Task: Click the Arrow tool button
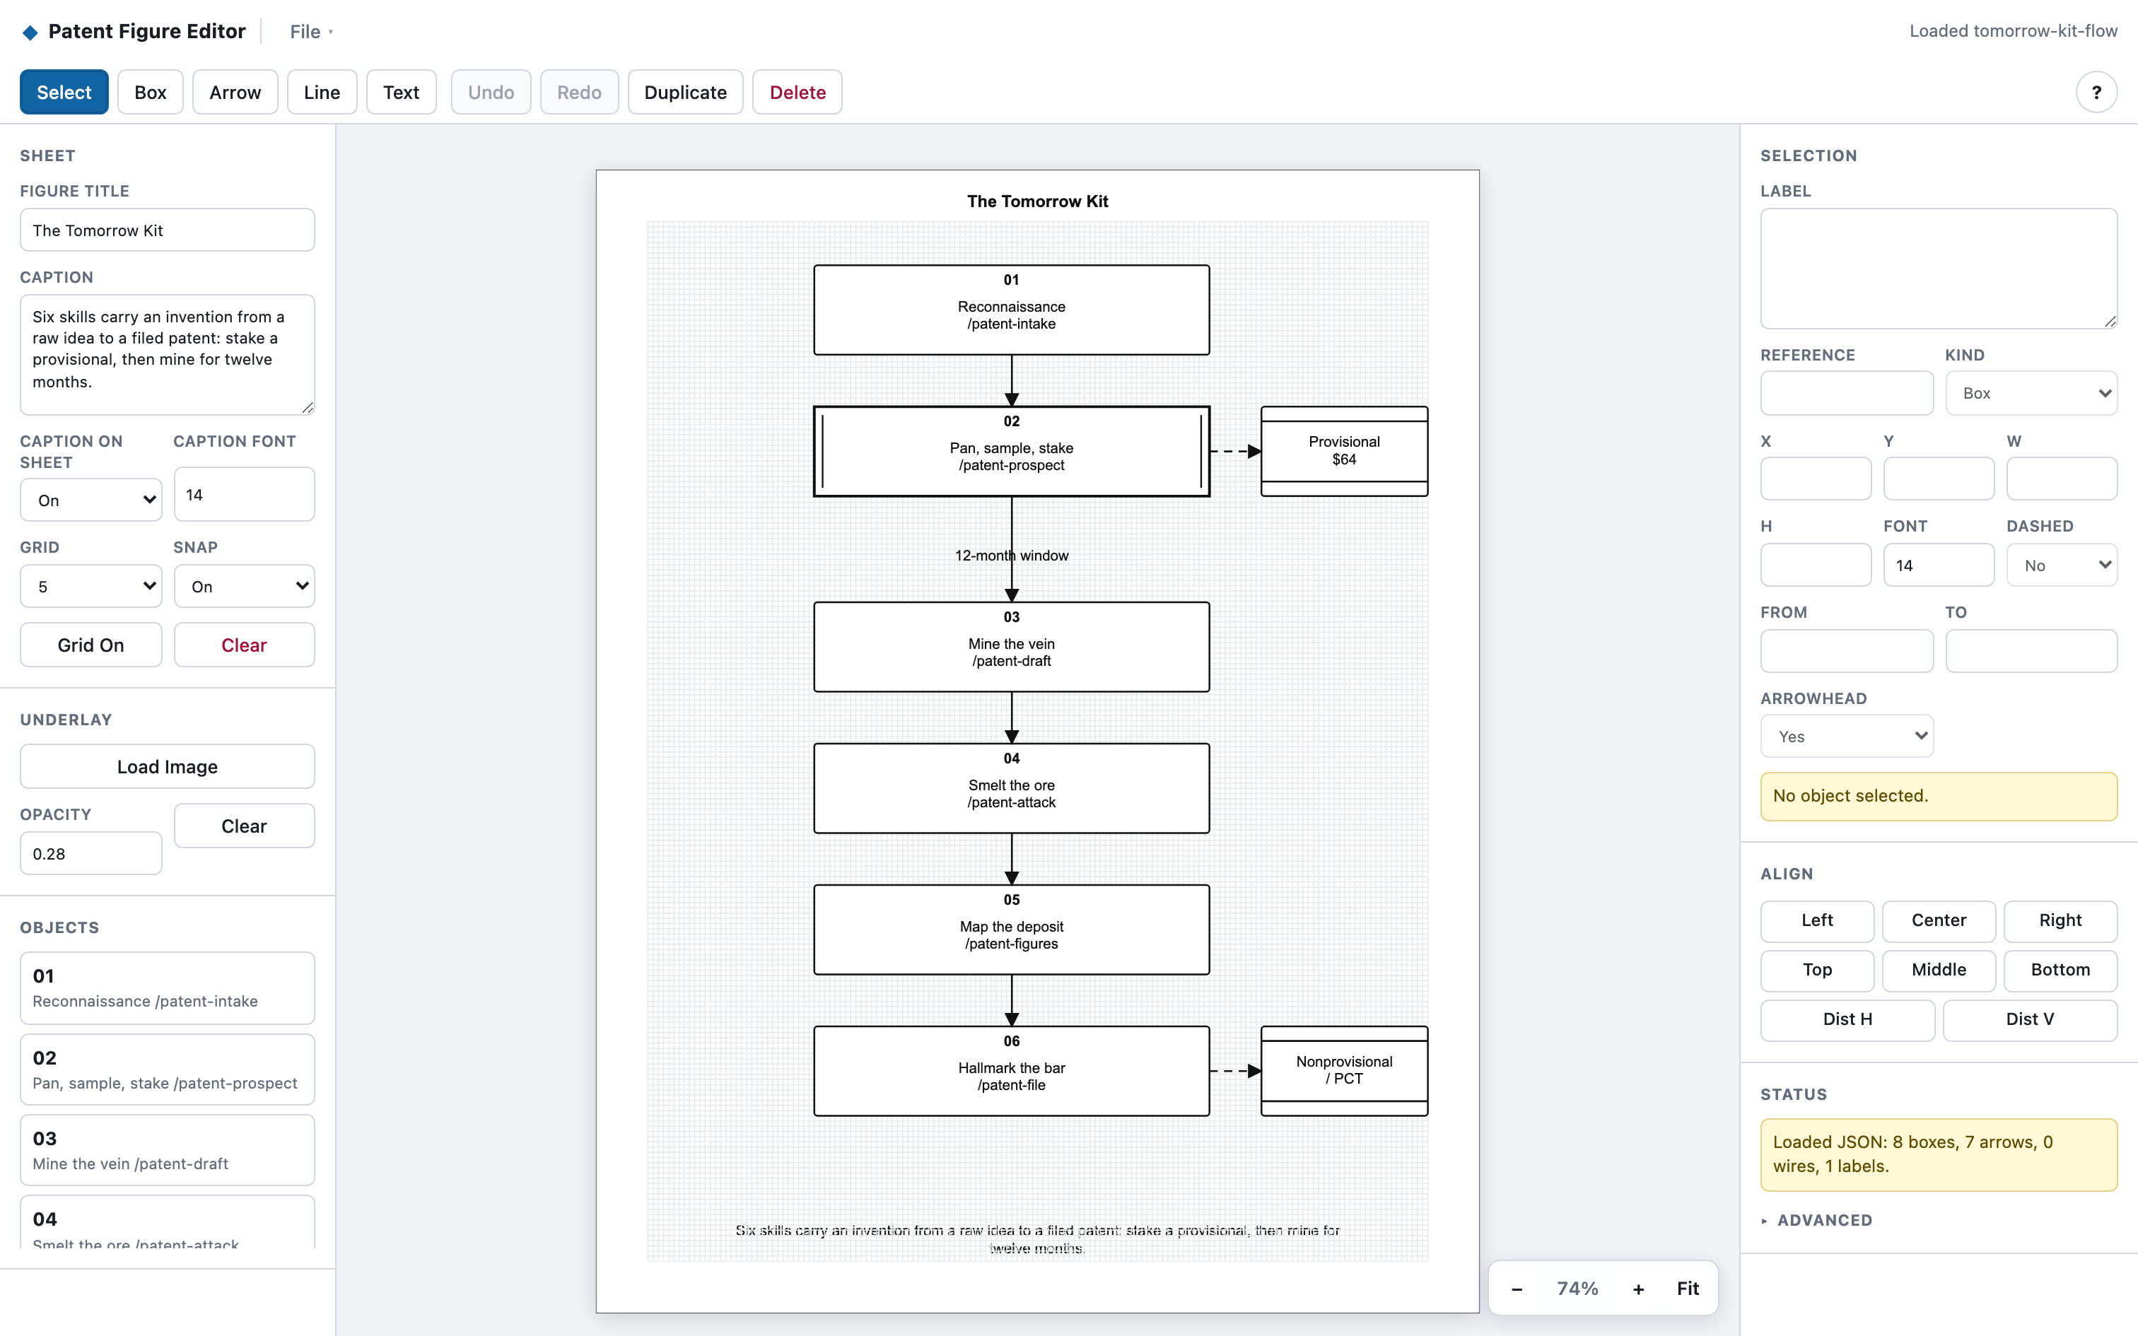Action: point(235,92)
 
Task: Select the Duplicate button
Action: point(686,92)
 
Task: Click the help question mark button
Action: point(2096,92)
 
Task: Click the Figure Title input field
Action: point(167,230)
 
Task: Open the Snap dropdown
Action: point(244,586)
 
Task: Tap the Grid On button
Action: point(91,645)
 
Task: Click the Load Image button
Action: point(167,766)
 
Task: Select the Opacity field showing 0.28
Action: point(91,854)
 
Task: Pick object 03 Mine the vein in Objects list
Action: point(167,1149)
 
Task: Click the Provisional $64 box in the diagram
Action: point(1344,451)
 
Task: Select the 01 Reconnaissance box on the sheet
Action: point(1012,310)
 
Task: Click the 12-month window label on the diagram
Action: point(1012,555)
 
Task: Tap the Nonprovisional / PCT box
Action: point(1344,1071)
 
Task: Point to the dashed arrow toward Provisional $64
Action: point(1235,452)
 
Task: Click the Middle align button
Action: point(1939,969)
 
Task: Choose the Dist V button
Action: point(2029,1019)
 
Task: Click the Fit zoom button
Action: point(1688,1288)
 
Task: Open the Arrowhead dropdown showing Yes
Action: point(1847,736)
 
